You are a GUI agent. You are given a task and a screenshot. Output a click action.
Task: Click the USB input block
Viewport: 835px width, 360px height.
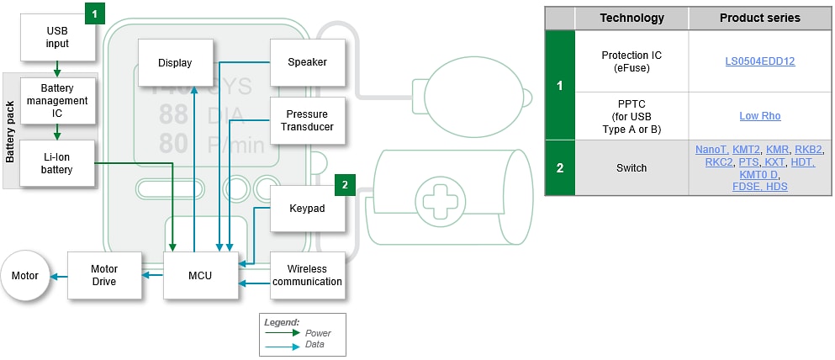[x=57, y=37]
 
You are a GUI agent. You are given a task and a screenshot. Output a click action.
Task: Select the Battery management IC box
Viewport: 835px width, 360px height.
[x=57, y=100]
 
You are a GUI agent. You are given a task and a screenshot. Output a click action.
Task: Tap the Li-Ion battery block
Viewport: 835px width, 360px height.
[x=57, y=163]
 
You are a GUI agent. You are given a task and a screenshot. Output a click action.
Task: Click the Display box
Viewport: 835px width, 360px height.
[x=175, y=62]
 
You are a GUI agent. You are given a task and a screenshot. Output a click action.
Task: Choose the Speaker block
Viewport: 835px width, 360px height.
[x=307, y=62]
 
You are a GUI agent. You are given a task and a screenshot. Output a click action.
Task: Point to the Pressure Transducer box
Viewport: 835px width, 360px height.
[x=307, y=120]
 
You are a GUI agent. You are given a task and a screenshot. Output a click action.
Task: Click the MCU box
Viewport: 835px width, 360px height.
[x=199, y=275]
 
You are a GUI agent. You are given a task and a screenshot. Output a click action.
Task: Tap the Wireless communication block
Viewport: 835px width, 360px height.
[x=307, y=275]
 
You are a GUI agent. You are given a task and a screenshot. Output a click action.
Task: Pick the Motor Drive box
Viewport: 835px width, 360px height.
[x=103, y=275]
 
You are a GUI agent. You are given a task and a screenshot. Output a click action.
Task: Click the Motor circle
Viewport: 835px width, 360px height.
[x=25, y=275]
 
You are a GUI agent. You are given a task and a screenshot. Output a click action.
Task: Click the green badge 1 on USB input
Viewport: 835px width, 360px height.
[x=95, y=13]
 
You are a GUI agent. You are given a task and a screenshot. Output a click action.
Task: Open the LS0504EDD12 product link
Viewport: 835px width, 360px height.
[x=760, y=61]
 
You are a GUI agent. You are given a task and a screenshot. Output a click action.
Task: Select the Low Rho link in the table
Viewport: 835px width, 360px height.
[x=760, y=115]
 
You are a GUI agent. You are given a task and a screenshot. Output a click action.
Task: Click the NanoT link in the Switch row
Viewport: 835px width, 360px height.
[x=711, y=149]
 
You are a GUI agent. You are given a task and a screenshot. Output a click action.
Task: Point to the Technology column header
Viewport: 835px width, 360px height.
[x=631, y=18]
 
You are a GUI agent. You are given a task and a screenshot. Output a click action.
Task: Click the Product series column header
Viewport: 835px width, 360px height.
[x=759, y=18]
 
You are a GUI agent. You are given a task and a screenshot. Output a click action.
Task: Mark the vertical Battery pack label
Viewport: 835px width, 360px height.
[x=11, y=130]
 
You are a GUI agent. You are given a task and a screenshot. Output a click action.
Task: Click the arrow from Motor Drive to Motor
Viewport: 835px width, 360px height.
[x=59, y=275]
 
